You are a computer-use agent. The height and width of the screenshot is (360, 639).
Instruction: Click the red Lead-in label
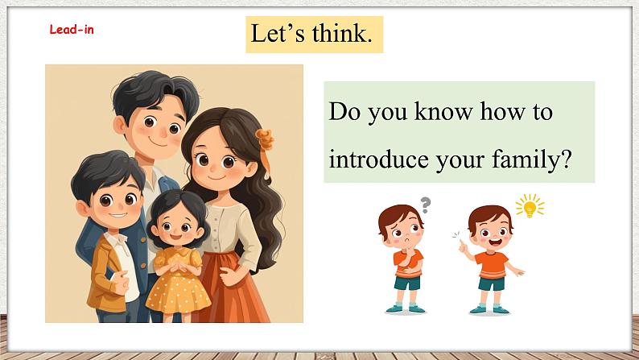coord(72,30)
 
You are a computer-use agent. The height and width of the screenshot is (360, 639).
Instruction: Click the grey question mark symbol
coord(425,205)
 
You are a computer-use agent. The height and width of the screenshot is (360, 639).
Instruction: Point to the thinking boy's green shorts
coord(407,283)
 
